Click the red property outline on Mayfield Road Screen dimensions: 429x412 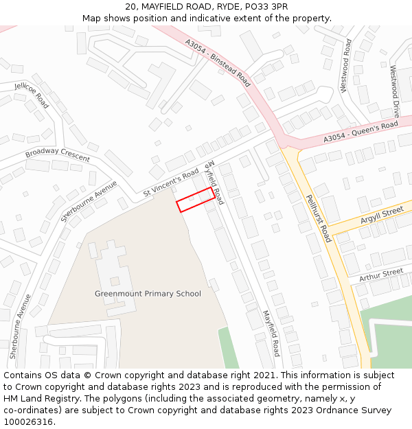(194, 200)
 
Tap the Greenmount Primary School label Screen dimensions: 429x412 (148, 294)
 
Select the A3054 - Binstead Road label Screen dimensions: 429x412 (218, 61)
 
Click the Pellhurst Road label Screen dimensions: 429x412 (319, 218)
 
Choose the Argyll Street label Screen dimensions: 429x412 (382, 216)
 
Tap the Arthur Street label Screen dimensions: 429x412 (381, 273)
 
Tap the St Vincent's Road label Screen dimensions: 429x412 (171, 183)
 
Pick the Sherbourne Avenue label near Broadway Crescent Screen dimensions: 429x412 (89, 201)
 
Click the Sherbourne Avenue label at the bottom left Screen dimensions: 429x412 (21, 327)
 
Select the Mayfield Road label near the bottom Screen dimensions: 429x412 (271, 333)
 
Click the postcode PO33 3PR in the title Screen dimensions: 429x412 (265, 7)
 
